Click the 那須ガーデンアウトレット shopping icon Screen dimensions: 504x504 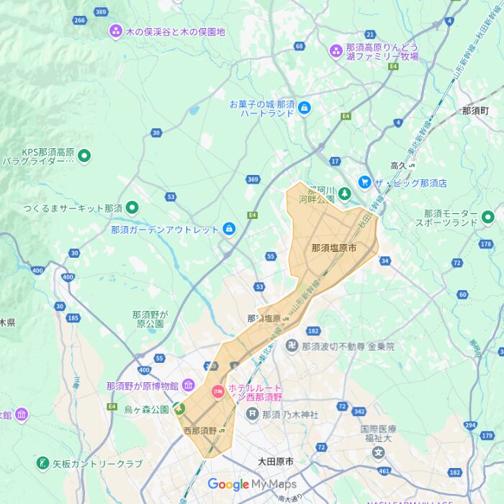click(229, 229)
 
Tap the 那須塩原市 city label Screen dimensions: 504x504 click(334, 247)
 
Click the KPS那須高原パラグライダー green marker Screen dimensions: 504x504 click(84, 155)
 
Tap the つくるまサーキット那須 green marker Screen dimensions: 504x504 click(132, 208)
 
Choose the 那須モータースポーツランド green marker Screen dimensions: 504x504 click(487, 216)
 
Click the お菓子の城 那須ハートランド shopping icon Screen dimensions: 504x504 click(304, 108)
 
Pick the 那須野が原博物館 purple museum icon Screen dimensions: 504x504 click(188, 385)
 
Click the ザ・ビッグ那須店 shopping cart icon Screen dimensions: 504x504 click(365, 183)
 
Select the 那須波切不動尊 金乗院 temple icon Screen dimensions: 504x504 click(291, 346)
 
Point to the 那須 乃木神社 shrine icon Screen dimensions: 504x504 click(252, 414)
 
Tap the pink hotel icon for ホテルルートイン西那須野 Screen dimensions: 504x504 click(217, 392)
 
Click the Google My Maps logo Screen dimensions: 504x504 click(252, 485)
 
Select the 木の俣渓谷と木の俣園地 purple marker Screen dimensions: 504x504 click(115, 31)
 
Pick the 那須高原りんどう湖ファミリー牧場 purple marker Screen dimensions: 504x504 click(336, 50)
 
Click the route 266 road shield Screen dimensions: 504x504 click(79, 20)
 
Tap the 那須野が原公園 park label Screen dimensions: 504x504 click(150, 319)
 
